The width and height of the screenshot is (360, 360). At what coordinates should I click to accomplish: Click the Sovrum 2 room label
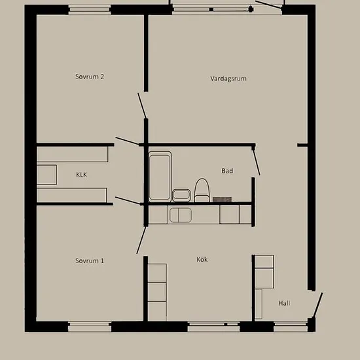pyautogui.click(x=90, y=77)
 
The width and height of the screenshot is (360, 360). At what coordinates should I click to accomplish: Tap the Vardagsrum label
pyautogui.click(x=228, y=79)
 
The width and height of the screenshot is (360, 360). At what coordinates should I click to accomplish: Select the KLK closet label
pyautogui.click(x=82, y=175)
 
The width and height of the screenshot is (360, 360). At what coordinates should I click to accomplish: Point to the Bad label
pyautogui.click(x=227, y=171)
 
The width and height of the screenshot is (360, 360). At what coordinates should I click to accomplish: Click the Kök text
pyautogui.click(x=202, y=259)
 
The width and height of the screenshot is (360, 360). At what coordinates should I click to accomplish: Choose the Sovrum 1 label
pyautogui.click(x=90, y=261)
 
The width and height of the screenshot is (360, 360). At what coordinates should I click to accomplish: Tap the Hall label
pyautogui.click(x=284, y=303)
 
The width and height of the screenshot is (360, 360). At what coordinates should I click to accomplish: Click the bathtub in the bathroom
pyautogui.click(x=160, y=176)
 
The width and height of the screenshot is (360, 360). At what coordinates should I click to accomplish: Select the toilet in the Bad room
pyautogui.click(x=202, y=190)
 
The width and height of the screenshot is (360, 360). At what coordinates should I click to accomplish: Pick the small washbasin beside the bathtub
pyautogui.click(x=181, y=196)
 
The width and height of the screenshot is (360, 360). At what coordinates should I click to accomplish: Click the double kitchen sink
pyautogui.click(x=181, y=215)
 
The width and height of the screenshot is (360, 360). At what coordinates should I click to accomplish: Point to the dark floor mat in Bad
pyautogui.click(x=222, y=199)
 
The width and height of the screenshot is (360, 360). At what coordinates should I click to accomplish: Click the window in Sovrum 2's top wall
pyautogui.click(x=90, y=10)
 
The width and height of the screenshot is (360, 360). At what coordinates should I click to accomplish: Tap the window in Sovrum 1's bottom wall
pyautogui.click(x=90, y=327)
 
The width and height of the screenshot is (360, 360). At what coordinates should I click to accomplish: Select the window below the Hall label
pyautogui.click(x=291, y=327)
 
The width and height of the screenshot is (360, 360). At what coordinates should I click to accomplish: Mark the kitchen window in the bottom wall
pyautogui.click(x=213, y=327)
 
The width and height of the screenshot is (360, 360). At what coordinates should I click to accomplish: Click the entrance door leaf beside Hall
pyautogui.click(x=317, y=306)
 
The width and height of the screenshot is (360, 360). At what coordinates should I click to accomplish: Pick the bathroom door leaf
pyautogui.click(x=257, y=162)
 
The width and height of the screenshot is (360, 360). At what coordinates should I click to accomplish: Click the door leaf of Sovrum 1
pyautogui.click(x=141, y=240)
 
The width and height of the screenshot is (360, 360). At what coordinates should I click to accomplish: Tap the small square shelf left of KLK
pyautogui.click(x=46, y=175)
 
